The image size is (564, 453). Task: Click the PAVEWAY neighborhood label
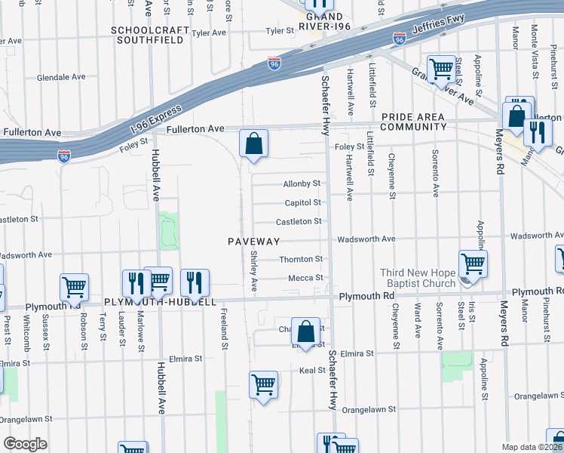coord(254,242)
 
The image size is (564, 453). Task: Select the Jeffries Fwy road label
coord(437,29)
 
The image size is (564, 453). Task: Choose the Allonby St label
coord(302,183)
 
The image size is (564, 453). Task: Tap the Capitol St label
coord(302,202)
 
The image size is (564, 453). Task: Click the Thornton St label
coord(301,259)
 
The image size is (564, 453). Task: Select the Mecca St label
coord(305,278)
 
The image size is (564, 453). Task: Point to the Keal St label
coord(311,371)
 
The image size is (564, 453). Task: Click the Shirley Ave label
coord(254,273)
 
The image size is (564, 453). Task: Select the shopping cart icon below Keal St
coord(264,384)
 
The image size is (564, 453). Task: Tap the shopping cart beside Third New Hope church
coord(473,264)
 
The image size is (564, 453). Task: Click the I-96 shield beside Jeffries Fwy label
coord(399,38)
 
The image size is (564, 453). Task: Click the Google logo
coord(25,444)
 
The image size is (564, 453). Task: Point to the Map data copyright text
coord(531,447)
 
